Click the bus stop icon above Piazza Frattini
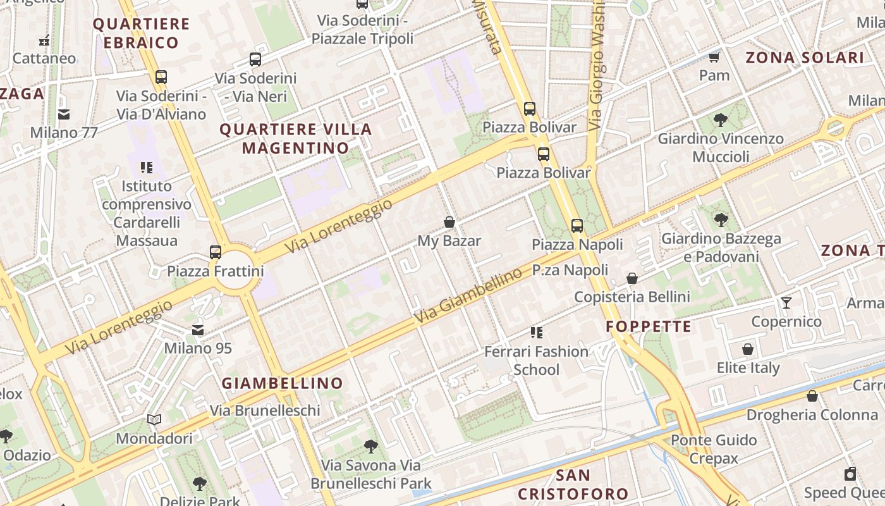pos(216,252)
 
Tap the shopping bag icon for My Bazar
pos(449,222)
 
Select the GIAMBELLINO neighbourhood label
pos(282,383)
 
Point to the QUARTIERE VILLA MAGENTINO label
pos(295,139)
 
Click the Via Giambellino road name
pos(468,296)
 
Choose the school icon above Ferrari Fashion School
pos(537,333)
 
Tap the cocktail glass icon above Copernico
pos(786,303)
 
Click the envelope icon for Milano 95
pos(198,330)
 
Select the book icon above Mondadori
pos(154,420)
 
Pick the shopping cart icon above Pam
pos(714,58)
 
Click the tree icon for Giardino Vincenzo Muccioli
pos(720,120)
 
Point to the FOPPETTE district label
pos(649,327)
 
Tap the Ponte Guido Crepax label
pos(714,449)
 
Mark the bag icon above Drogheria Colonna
pos(812,397)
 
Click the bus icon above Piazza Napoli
pos(577,226)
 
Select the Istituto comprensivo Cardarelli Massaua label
pos(147,213)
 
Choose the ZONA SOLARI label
pos(805,58)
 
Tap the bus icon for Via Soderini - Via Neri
pos(255,60)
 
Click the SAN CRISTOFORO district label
pos(573,484)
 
